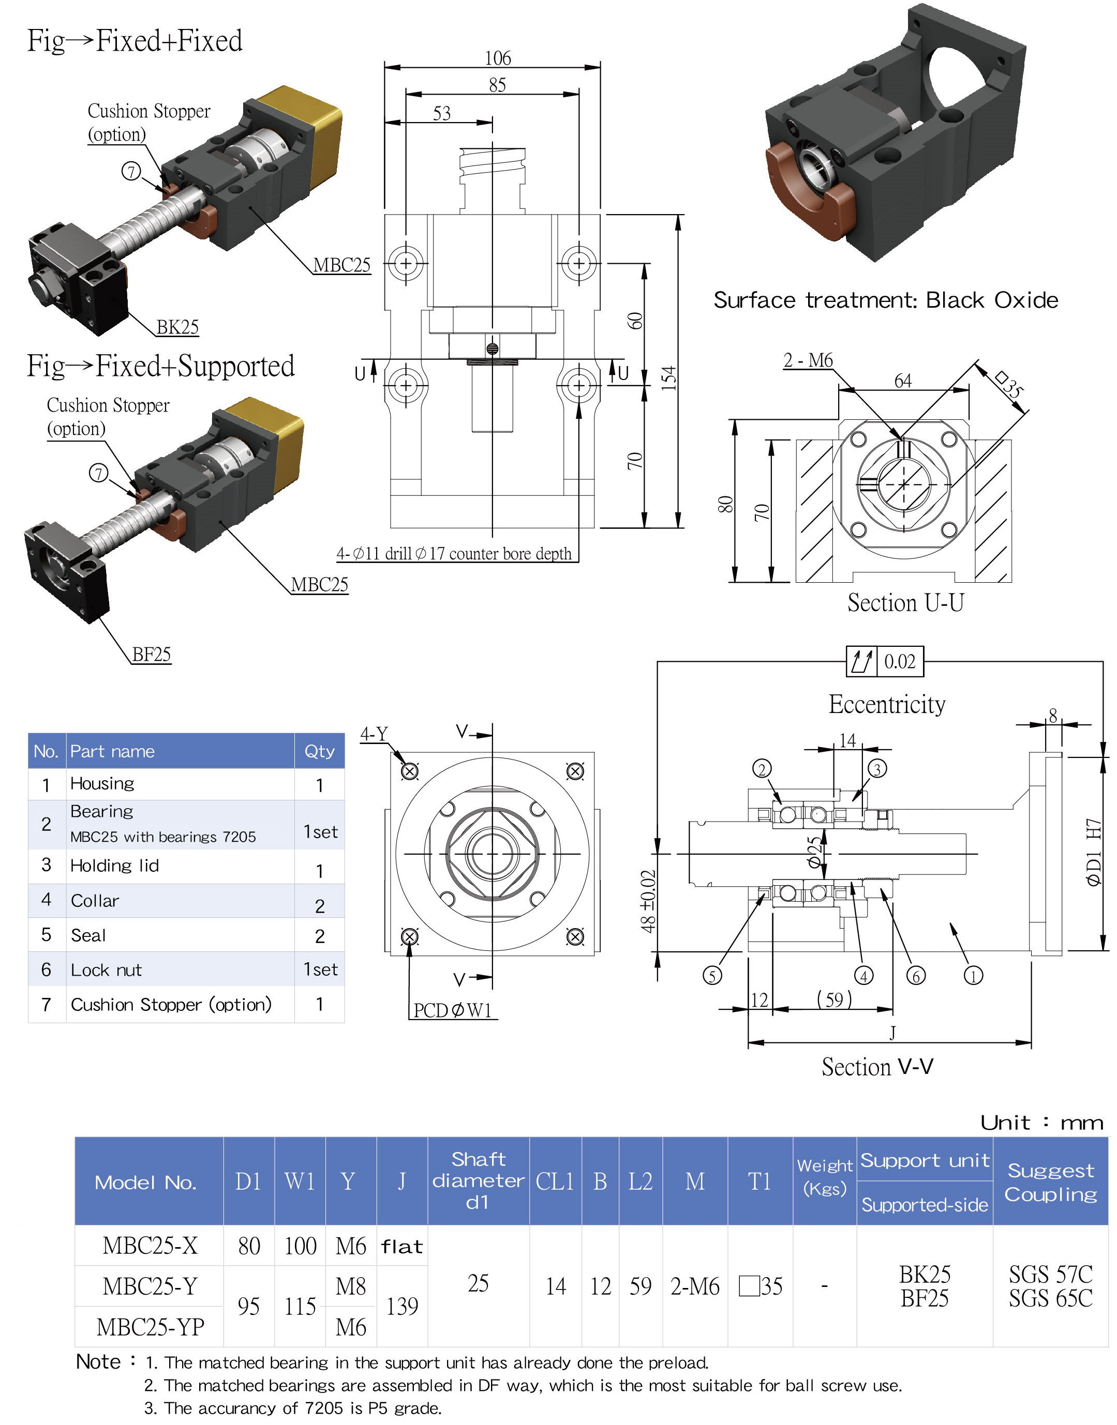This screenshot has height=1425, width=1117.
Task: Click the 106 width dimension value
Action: tap(498, 58)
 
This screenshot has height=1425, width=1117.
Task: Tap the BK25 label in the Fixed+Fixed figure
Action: tap(177, 327)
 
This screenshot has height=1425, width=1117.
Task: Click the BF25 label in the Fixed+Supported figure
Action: tap(151, 654)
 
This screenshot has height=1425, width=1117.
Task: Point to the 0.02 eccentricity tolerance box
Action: tap(899, 661)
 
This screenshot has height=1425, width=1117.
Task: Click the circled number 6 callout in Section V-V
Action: tap(916, 976)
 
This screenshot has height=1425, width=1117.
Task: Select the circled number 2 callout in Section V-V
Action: tap(762, 769)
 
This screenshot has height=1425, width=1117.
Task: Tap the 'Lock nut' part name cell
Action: tap(106, 970)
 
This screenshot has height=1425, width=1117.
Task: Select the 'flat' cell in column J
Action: tap(401, 1247)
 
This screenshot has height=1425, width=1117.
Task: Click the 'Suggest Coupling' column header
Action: tap(1050, 1182)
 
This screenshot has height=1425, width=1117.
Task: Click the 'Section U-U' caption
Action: tap(905, 603)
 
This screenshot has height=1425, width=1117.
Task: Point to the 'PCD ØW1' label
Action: tap(452, 1010)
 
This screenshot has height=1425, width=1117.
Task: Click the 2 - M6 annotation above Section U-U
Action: tap(808, 360)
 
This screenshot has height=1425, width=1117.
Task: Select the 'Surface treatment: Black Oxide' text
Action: tap(886, 300)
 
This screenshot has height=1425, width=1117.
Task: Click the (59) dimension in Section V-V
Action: tap(834, 999)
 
